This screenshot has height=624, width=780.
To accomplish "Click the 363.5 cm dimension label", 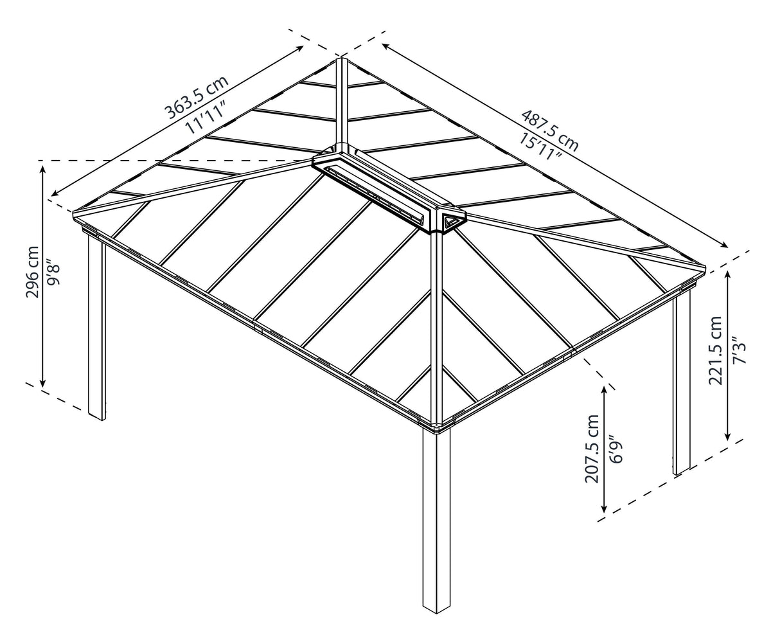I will coord(196,98).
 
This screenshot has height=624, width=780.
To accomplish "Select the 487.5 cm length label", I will coord(549,130).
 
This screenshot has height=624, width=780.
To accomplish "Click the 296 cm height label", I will coord(32,272).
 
